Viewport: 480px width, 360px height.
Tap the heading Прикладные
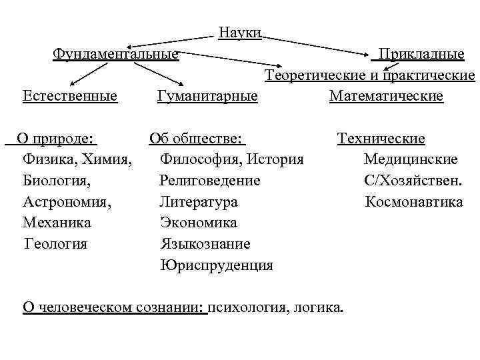pyautogui.click(x=421, y=53)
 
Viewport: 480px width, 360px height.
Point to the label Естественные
pyautogui.click(x=70, y=97)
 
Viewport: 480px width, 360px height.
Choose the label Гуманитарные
pyautogui.click(x=207, y=97)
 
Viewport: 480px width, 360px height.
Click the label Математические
pyautogui.click(x=386, y=97)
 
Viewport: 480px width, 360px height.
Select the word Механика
pyautogui.click(x=57, y=222)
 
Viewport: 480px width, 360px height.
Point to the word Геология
pyautogui.click(x=56, y=243)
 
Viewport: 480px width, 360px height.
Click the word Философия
pyautogui.click(x=201, y=160)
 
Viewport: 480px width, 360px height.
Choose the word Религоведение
pyautogui.click(x=210, y=181)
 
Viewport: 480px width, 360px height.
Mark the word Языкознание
pyautogui.click(x=205, y=243)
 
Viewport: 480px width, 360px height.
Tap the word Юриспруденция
pyautogui.click(x=217, y=265)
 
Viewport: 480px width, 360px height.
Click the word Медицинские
pyautogui.click(x=411, y=160)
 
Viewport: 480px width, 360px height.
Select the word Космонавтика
pyautogui.click(x=414, y=201)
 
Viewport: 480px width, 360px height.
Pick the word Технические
pyautogui.click(x=381, y=139)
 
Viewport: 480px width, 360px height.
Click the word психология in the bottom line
pyautogui.click(x=247, y=307)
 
